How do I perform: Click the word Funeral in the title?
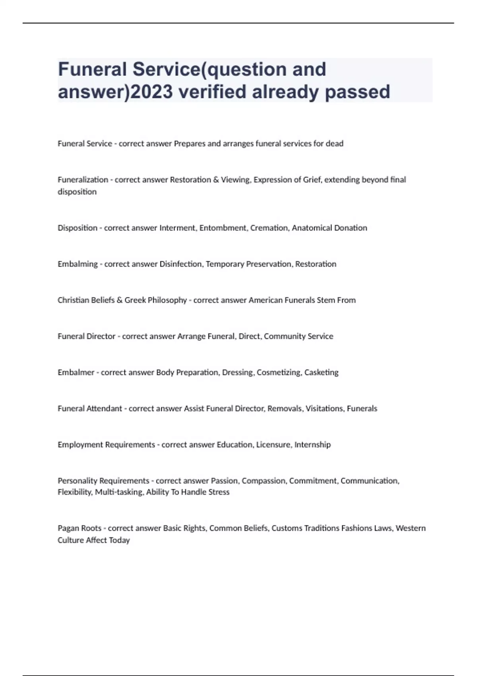(x=92, y=70)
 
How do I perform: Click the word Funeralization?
(x=83, y=180)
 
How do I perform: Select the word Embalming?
(x=78, y=264)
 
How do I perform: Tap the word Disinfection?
(x=180, y=264)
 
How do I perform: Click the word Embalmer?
(x=76, y=373)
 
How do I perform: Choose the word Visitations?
(x=324, y=408)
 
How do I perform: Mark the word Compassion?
(x=263, y=481)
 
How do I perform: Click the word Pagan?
(x=68, y=528)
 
